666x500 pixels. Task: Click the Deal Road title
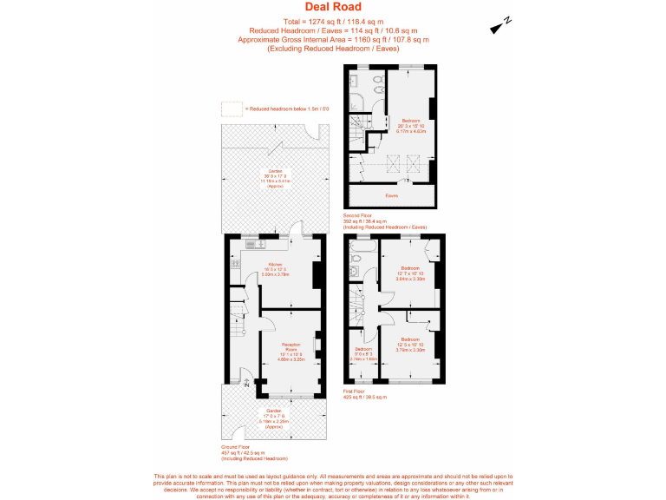pos(333,7)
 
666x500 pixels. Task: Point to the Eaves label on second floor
pos(392,196)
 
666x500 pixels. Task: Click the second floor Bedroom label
pos(411,125)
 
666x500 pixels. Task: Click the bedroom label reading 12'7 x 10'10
pos(410,273)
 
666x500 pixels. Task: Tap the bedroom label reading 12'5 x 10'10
pos(410,345)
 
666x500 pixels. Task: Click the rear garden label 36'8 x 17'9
pos(274,176)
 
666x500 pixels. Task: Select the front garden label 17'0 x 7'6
pos(274,415)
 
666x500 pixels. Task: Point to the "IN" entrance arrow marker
pos(246,382)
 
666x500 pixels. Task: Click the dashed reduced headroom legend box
pos(231,109)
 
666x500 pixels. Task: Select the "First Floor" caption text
pos(357,391)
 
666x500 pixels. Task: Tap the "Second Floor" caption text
pos(359,214)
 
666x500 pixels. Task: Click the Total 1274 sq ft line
pos(333,20)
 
